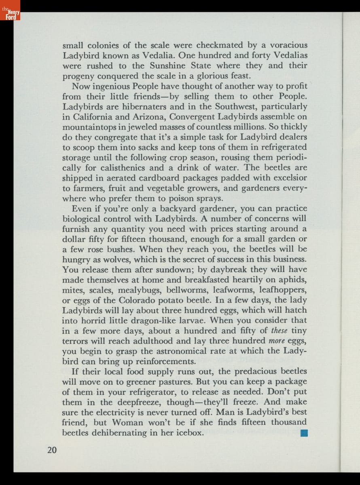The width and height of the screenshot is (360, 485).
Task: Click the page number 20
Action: click(52, 450)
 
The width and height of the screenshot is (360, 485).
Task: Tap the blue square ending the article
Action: click(305, 433)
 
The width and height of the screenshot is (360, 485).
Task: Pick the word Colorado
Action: click(140, 300)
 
